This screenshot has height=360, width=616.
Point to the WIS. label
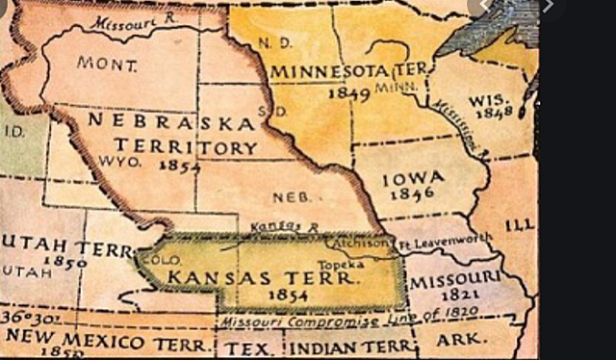pyautogui.click(x=490, y=101)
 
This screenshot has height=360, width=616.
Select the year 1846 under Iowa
pyautogui.click(x=415, y=193)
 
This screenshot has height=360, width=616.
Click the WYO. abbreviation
pyautogui.click(x=121, y=163)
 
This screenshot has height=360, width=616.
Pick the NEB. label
pyautogui.click(x=291, y=196)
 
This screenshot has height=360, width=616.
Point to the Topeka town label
pyautogui.click(x=349, y=261)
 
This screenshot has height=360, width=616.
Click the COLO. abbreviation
pyautogui.click(x=155, y=260)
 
